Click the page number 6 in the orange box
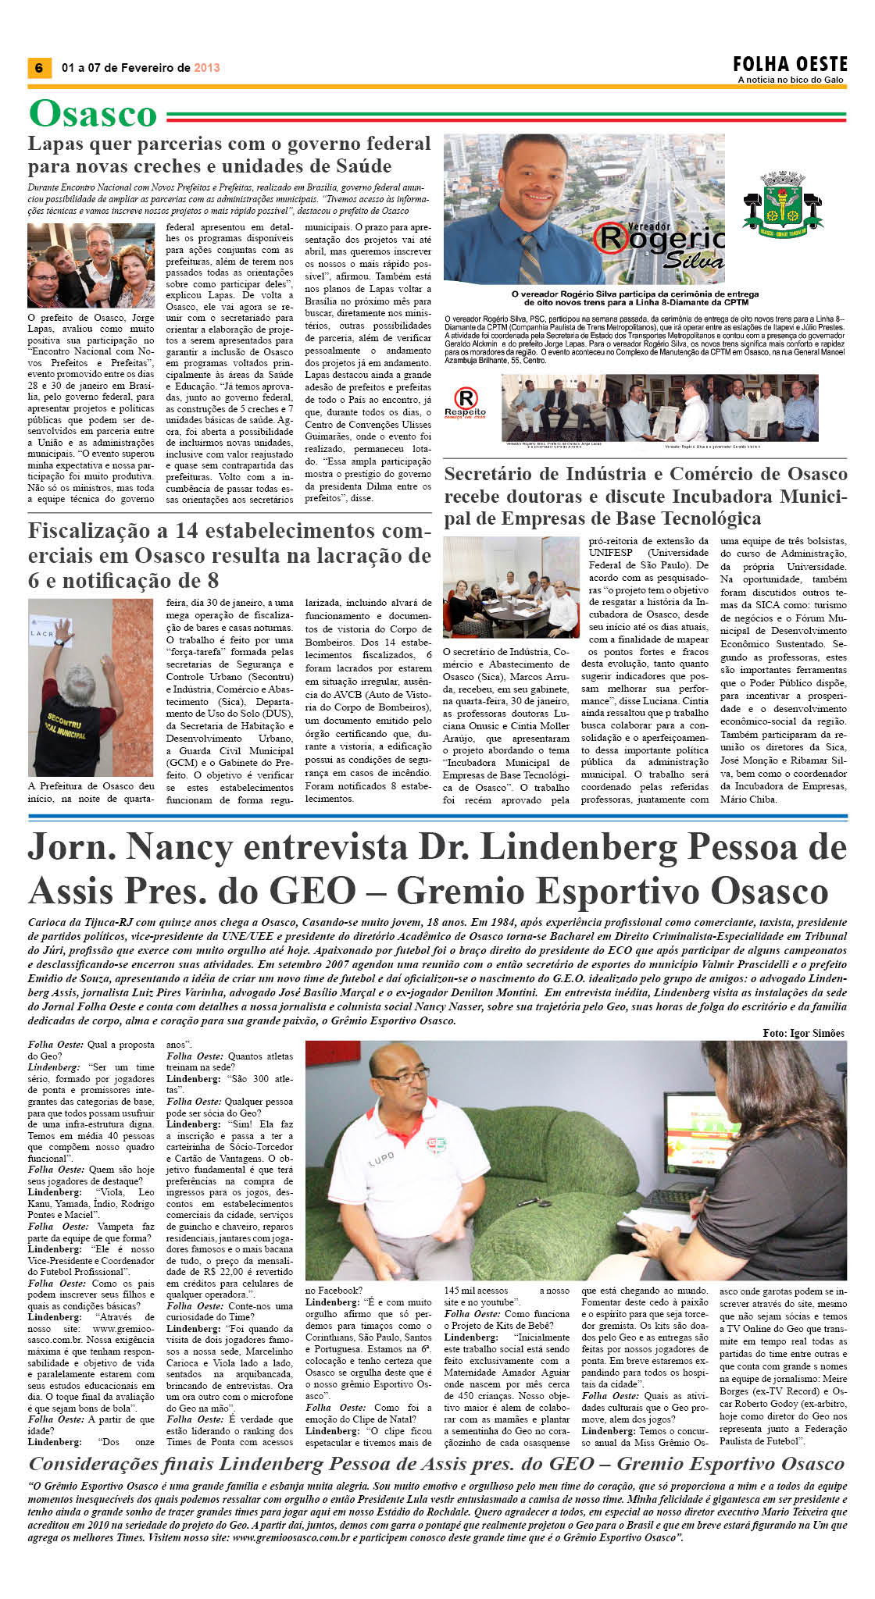tap(38, 68)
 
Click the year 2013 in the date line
tap(207, 68)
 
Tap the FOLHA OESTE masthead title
tap(790, 64)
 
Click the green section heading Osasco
tap(93, 114)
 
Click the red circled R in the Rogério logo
tap(609, 237)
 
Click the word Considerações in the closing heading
tap(117, 1464)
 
